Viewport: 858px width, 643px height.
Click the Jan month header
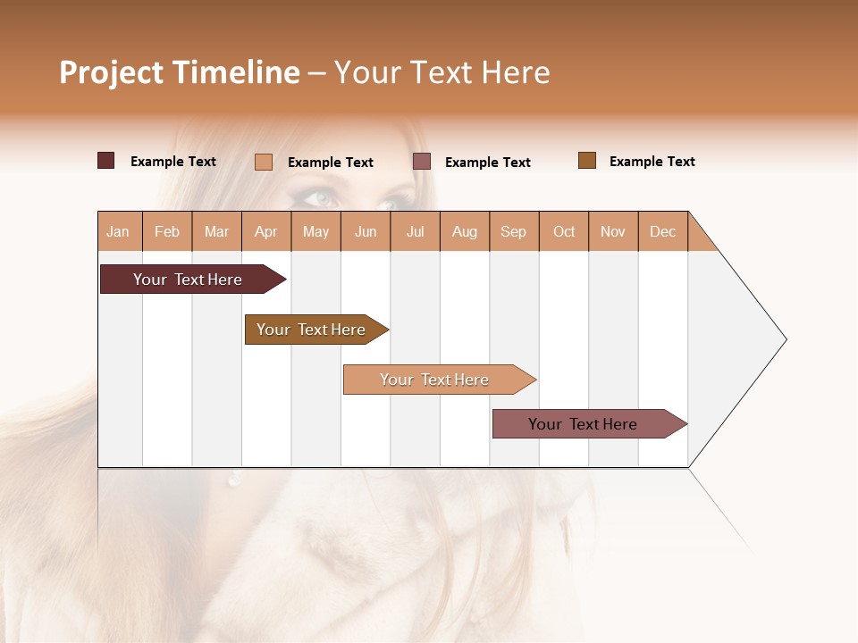tap(118, 231)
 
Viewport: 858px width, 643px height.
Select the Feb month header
tap(167, 231)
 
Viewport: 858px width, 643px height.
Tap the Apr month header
tap(265, 231)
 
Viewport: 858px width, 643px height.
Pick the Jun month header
tap(366, 231)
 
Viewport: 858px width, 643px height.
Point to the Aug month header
tap(464, 231)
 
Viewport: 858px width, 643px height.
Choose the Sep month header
tap(513, 231)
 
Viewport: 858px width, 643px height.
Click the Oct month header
tap(564, 231)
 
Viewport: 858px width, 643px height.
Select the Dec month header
tap(662, 231)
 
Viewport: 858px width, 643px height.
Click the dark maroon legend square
tap(106, 161)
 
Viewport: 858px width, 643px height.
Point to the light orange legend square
tap(264, 162)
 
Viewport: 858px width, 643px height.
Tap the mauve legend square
tap(422, 162)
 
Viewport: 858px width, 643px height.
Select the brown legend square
tap(587, 161)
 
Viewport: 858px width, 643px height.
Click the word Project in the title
tap(112, 72)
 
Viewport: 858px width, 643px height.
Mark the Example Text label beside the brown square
tap(652, 162)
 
